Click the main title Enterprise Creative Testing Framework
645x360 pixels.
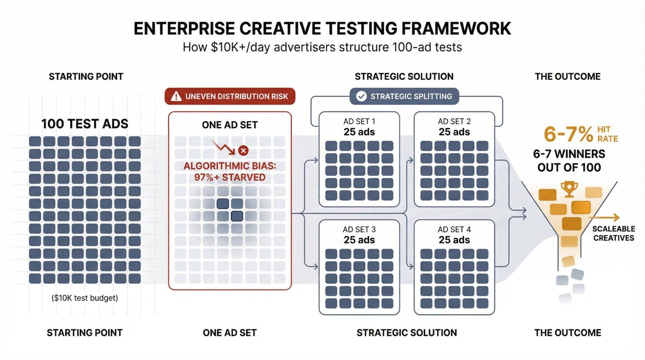(x=322, y=28)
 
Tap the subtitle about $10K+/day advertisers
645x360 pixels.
(x=322, y=47)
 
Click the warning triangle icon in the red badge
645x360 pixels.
(x=176, y=96)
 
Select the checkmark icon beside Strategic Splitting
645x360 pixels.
(x=361, y=96)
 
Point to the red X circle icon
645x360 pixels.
(x=243, y=150)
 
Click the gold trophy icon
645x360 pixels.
(x=569, y=189)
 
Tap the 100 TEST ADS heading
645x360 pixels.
(x=85, y=124)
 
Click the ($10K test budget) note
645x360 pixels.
(x=85, y=298)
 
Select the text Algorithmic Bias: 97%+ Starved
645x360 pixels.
(x=230, y=171)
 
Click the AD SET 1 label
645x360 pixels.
(x=359, y=121)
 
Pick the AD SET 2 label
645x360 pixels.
(x=454, y=121)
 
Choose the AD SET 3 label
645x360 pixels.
(x=359, y=230)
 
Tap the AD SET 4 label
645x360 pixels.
(x=454, y=230)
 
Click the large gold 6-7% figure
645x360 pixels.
(x=569, y=134)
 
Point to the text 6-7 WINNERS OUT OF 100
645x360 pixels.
(x=569, y=161)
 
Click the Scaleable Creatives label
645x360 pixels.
(x=614, y=233)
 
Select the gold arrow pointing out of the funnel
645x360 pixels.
(x=604, y=218)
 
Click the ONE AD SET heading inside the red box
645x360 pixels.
(x=230, y=125)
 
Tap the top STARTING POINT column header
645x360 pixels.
(x=86, y=77)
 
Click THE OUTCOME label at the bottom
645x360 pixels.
(x=568, y=333)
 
